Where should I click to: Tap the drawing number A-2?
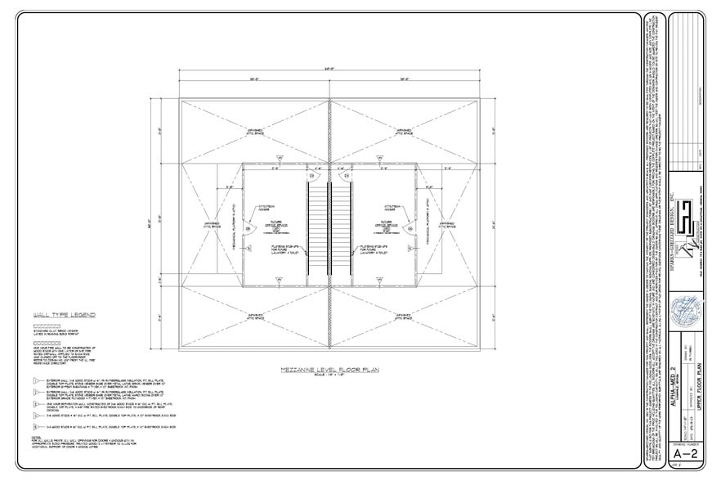pyautogui.click(x=687, y=452)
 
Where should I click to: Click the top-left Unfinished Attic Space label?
pyautogui.click(x=254, y=131)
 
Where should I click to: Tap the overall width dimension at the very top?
pyautogui.click(x=329, y=68)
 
